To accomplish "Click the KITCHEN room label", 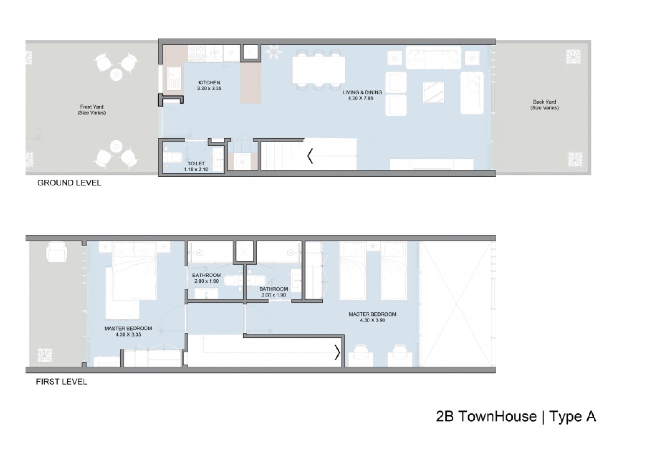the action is (209, 83).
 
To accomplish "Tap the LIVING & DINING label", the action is (362, 92).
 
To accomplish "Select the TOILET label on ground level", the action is (196, 164).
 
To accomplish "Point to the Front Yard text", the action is (92, 107).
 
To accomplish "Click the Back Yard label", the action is (544, 102).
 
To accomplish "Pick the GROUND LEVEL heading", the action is (69, 183).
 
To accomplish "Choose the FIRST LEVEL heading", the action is (62, 382).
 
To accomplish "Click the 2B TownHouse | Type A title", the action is (516, 417).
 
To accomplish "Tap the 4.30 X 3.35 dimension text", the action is (128, 335).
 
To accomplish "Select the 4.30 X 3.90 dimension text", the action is (372, 320).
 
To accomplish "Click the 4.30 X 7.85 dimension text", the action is (361, 98).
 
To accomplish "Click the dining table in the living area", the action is (319, 70).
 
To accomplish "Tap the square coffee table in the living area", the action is (433, 92).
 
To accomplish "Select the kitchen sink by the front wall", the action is (173, 78).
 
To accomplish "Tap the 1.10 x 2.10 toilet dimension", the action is (196, 169).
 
